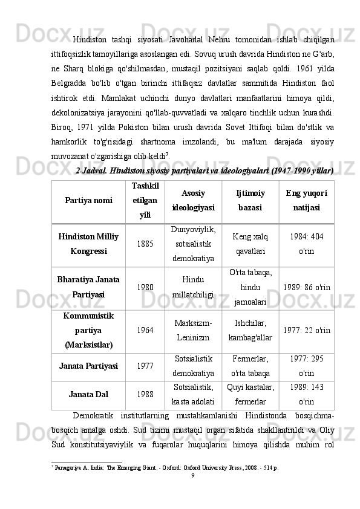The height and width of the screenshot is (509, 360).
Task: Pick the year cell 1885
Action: coord(145,244)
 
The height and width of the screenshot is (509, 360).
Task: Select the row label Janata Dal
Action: coord(88,395)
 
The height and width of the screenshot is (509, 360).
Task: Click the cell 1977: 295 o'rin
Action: coord(306,366)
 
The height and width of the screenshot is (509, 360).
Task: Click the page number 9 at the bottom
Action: coord(192,476)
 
